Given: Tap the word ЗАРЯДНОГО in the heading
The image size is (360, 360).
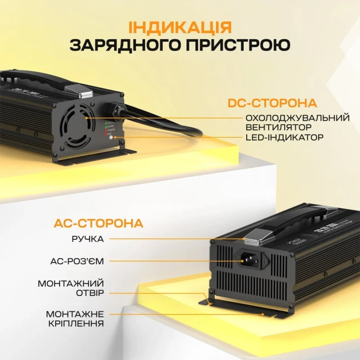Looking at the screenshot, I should [125, 46].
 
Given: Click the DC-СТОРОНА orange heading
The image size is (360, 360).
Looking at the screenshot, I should [272, 103].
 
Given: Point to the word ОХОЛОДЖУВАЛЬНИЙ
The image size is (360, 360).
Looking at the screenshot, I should [298, 118].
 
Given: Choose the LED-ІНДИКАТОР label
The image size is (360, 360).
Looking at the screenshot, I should [285, 137].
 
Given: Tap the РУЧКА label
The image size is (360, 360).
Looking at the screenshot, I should [87, 239].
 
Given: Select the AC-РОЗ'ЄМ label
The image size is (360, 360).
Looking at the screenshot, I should [80, 260].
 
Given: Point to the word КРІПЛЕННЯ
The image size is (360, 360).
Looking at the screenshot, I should [76, 323].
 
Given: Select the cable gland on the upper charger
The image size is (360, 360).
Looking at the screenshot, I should [114, 109].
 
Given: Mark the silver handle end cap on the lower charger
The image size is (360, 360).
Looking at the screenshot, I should [259, 237].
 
